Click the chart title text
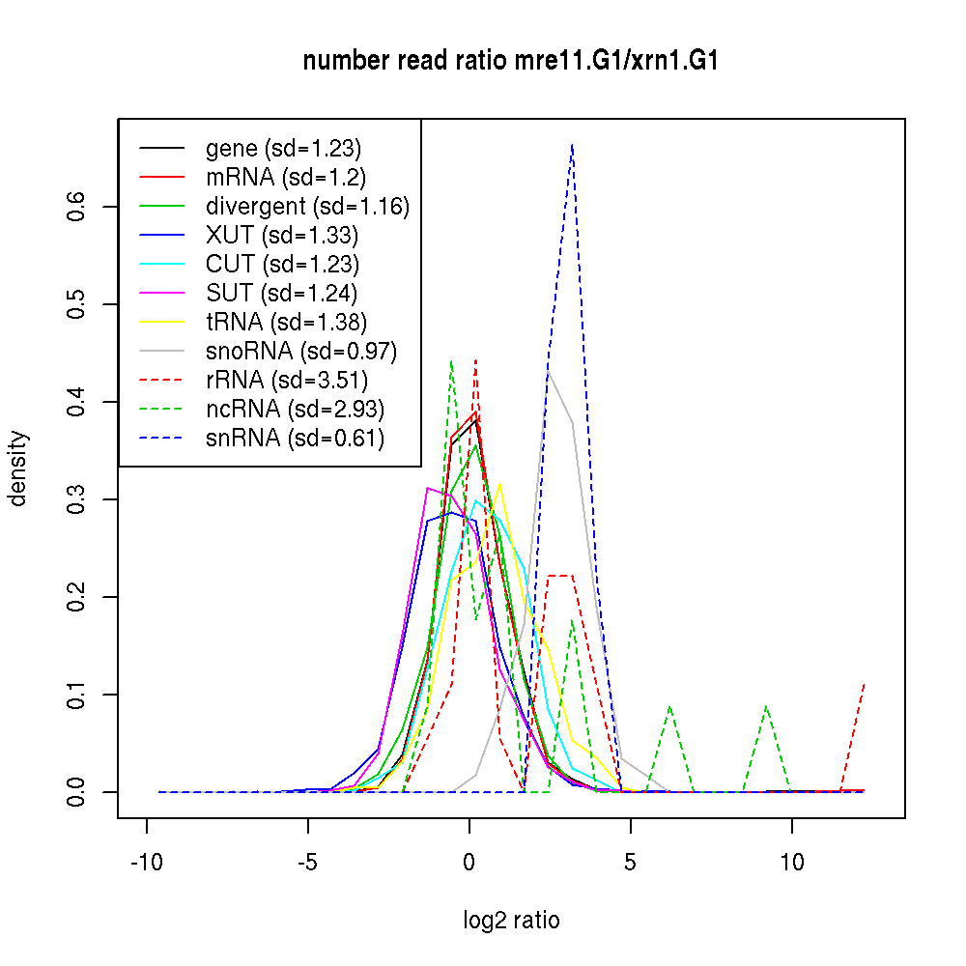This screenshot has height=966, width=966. [x=510, y=62]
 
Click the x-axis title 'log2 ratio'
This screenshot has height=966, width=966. [x=511, y=920]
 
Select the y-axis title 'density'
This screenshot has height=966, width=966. [x=18, y=469]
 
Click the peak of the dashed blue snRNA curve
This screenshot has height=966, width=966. [x=573, y=145]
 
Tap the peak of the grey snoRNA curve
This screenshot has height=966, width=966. [x=549, y=372]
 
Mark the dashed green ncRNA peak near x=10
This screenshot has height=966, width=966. [x=766, y=706]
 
